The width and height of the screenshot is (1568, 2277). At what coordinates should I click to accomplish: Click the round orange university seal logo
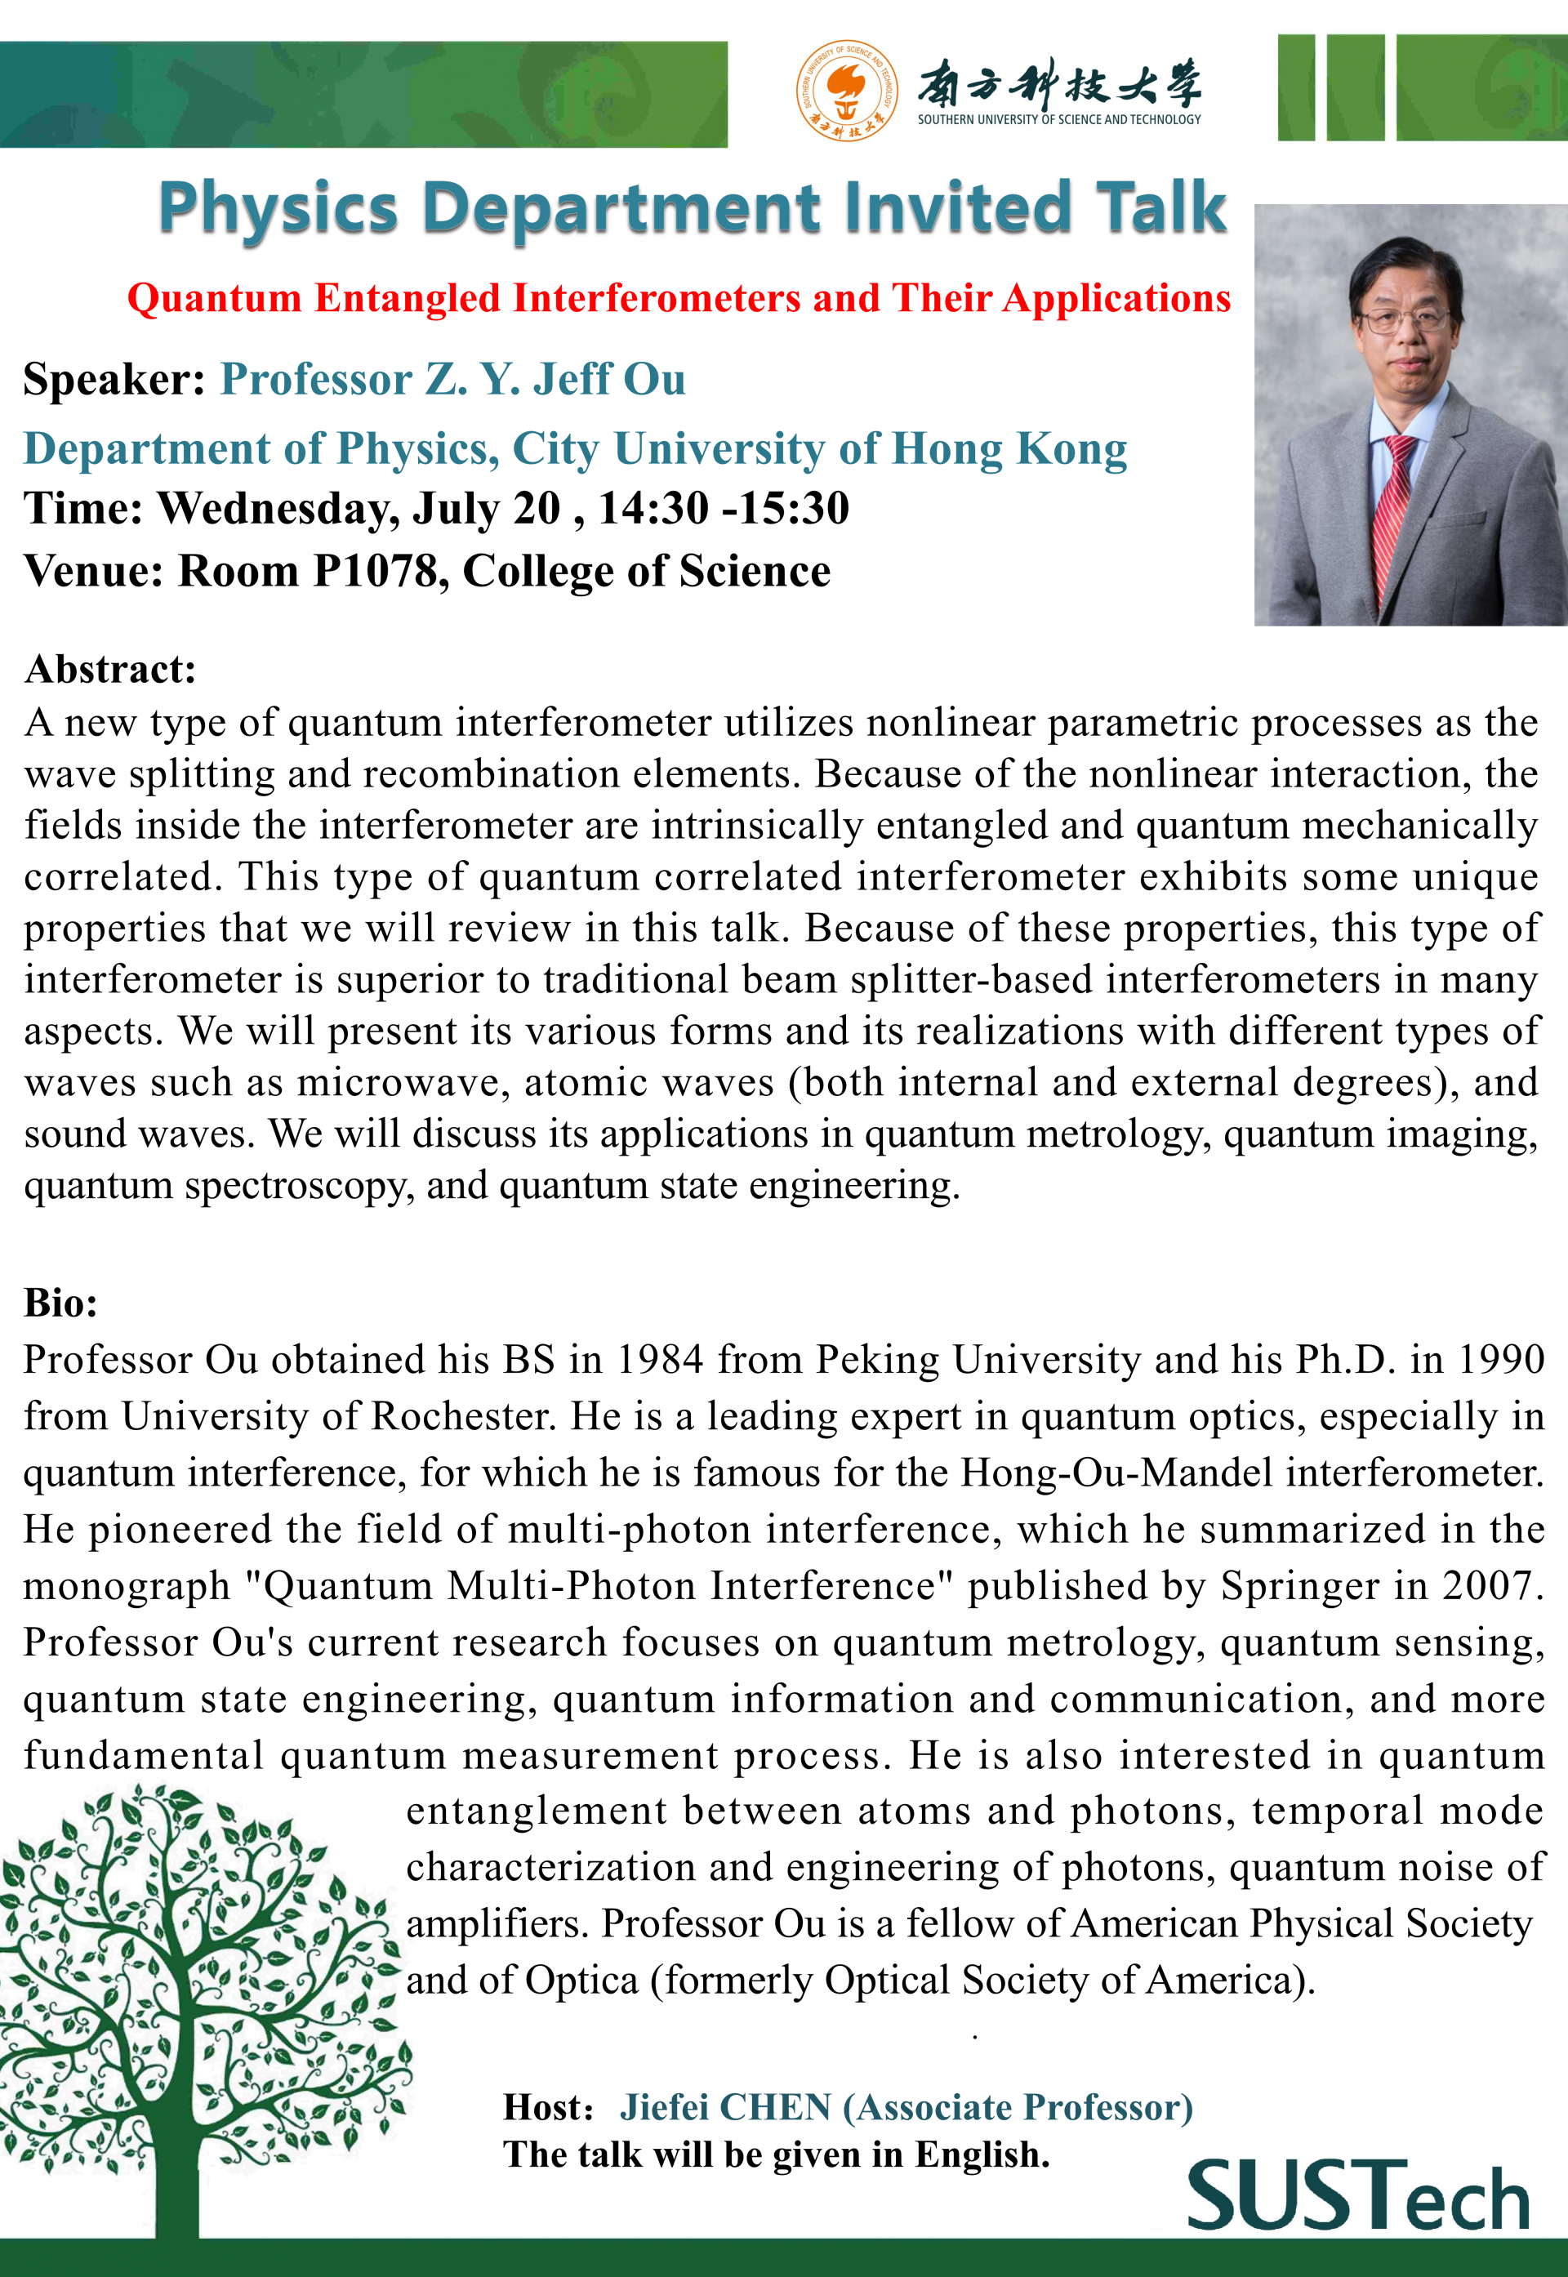846,91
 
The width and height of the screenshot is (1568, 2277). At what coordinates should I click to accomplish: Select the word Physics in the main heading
278,208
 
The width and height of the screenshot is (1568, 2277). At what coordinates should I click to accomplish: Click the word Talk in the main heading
1161,208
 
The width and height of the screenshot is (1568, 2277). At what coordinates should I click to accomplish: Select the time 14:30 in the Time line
653,509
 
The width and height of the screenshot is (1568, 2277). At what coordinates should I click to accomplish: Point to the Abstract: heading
110,669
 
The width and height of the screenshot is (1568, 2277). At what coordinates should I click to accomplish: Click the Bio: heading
61,1303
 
